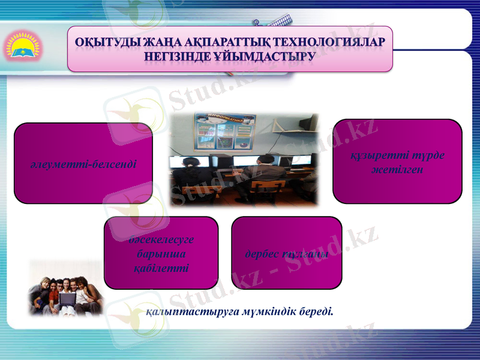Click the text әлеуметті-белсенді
83,163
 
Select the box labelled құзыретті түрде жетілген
397,161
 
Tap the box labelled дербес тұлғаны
286,253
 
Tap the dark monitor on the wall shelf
308,123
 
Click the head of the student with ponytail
188,163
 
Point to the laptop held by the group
67,296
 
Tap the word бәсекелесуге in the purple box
161,240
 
